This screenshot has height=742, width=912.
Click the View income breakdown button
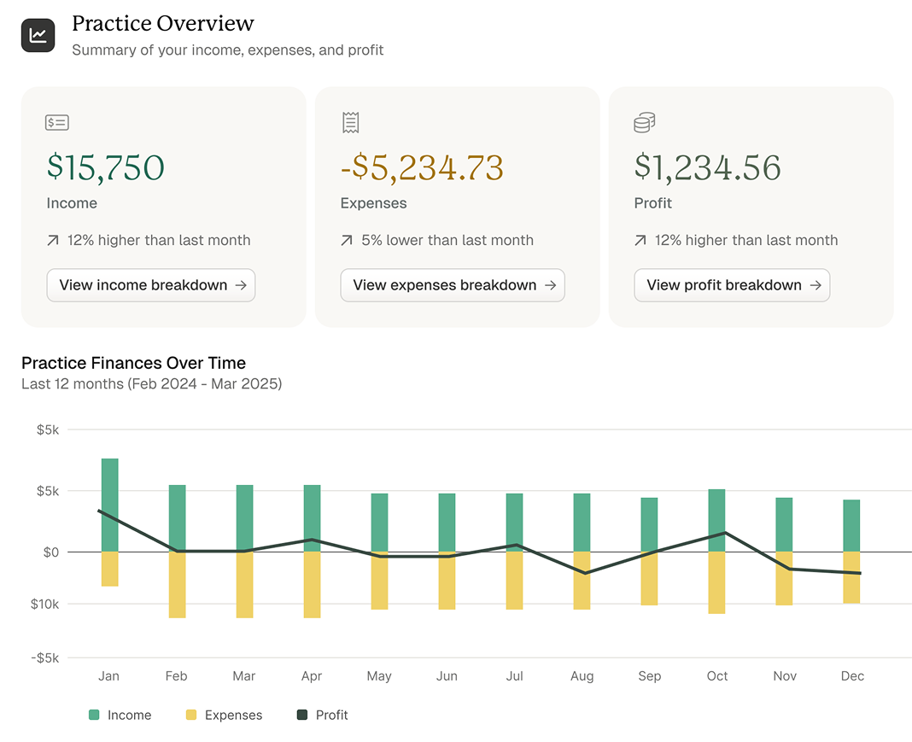click(x=151, y=285)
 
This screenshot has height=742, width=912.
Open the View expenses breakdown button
click(x=453, y=285)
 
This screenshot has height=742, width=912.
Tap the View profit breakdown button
click(x=732, y=285)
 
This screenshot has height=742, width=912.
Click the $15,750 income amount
click(x=106, y=167)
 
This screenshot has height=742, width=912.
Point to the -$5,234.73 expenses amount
click(x=422, y=167)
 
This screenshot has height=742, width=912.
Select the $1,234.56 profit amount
click(x=707, y=167)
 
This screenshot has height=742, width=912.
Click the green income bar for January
click(x=109, y=504)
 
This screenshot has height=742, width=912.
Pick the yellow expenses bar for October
click(x=717, y=582)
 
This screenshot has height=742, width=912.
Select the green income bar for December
click(x=851, y=525)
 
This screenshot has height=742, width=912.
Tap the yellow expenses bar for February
click(x=177, y=584)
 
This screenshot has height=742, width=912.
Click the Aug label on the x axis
click(x=582, y=676)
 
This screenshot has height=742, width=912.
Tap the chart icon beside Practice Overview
click(x=38, y=35)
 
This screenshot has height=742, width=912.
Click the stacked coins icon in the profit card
click(x=645, y=123)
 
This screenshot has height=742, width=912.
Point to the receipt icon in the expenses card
click(x=350, y=123)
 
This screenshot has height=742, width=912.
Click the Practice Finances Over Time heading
click(x=133, y=364)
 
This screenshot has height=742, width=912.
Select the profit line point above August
click(x=584, y=573)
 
